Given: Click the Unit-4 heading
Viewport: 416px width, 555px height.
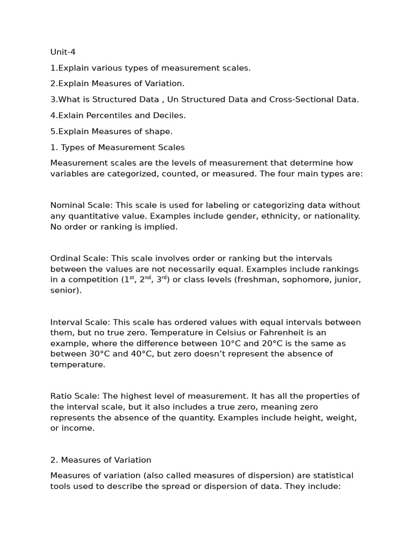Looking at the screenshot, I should pyautogui.click(x=63, y=52).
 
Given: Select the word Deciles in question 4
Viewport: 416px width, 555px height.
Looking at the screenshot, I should pyautogui.click(x=169, y=115).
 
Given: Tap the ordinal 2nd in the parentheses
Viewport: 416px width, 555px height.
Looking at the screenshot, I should pyautogui.click(x=144, y=279).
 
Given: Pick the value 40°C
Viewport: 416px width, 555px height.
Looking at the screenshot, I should pyautogui.click(x=129, y=354).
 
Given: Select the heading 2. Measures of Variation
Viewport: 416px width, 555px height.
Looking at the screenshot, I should pyautogui.click(x=101, y=460).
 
